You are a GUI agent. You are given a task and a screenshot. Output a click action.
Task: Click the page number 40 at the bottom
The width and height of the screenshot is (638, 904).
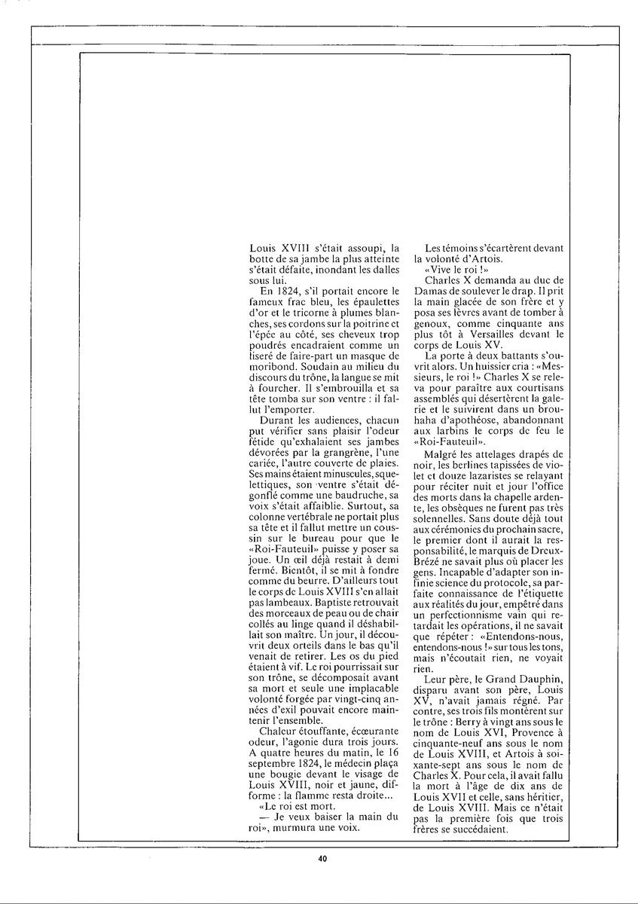(322, 857)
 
